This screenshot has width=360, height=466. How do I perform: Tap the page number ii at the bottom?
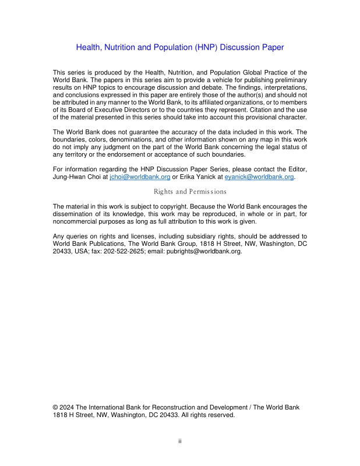(x=180, y=441)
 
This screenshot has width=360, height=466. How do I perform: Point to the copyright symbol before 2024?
(x=55, y=407)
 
